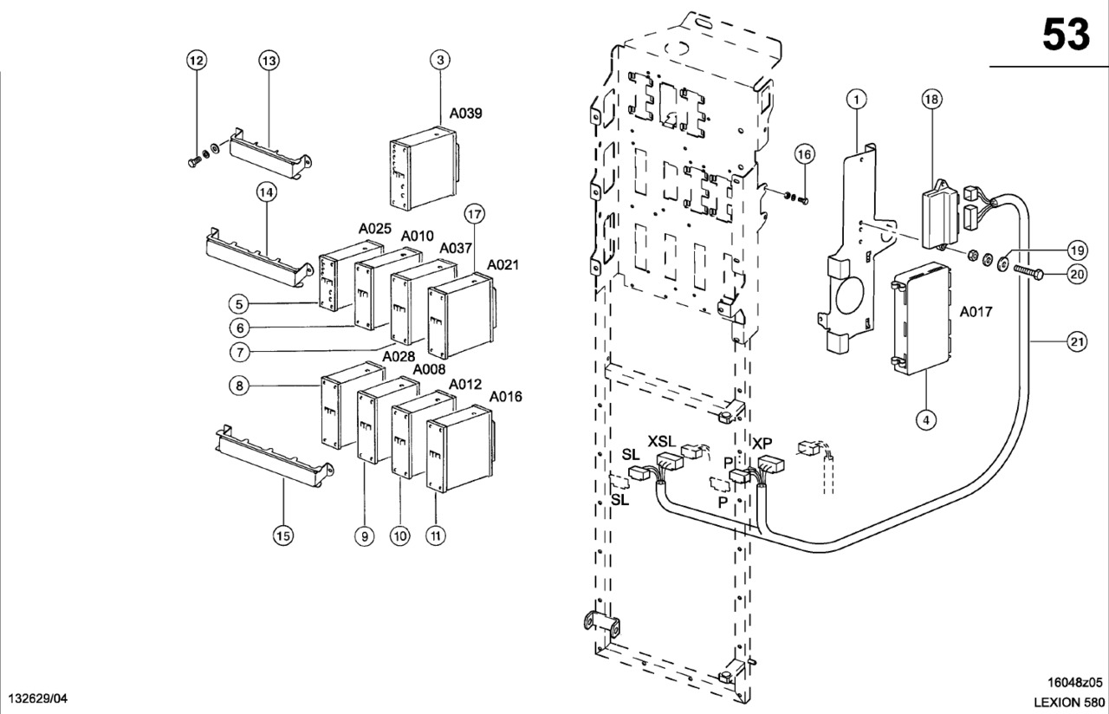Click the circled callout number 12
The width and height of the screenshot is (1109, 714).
pos(197,60)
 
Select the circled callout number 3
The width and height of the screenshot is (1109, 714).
pos(441,60)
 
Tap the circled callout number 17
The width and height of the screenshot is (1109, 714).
pos(473,214)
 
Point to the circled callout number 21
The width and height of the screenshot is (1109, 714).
pos(1076,342)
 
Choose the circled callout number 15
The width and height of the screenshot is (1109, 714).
pos(283,535)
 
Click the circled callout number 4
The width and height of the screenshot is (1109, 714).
pos(925,420)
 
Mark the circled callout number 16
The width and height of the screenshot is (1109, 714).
pos(805,154)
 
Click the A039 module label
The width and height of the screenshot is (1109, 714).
pos(466,114)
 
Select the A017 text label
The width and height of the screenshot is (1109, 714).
pos(976,311)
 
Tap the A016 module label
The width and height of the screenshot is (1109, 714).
pos(506,397)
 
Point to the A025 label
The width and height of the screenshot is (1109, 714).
pos(376,228)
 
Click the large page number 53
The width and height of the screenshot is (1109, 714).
pos(1065,34)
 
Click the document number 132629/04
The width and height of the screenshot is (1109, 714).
pos(37,698)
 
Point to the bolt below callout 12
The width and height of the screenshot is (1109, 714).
pos(192,161)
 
